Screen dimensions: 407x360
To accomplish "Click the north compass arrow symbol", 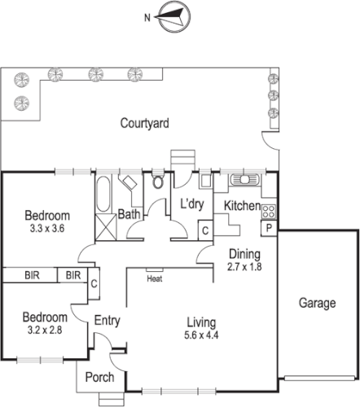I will pyautogui.click(x=172, y=15).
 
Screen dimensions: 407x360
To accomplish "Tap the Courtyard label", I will pyautogui.click(x=144, y=124).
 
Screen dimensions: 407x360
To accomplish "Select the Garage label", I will pyautogui.click(x=317, y=304).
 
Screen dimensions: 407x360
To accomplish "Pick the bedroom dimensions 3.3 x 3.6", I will pyautogui.click(x=46, y=230).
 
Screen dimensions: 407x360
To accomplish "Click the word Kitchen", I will pyautogui.click(x=242, y=206).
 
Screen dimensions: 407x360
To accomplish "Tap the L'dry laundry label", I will pyautogui.click(x=190, y=206).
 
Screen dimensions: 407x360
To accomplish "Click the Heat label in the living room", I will pyautogui.click(x=154, y=279).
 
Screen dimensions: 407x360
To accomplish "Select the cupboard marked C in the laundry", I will pyautogui.click(x=205, y=231).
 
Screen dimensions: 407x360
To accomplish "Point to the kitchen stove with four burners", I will pyautogui.click(x=269, y=212).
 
